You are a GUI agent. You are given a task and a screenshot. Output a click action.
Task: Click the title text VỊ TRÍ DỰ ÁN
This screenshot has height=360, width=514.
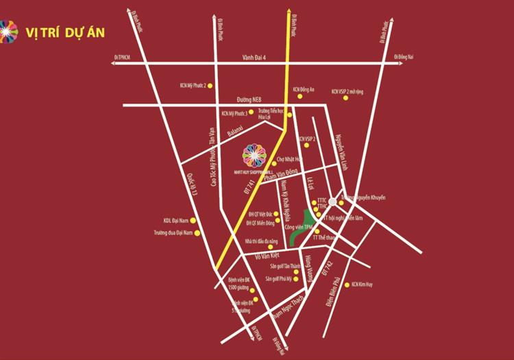click(x=66, y=32)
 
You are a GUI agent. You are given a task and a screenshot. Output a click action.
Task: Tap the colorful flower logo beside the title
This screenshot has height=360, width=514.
click(x=9, y=30)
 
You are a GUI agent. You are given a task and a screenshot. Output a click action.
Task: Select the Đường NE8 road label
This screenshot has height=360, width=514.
click(x=246, y=99)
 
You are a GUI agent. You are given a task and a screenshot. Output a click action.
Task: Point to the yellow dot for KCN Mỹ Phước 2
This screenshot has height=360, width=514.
click(x=210, y=86)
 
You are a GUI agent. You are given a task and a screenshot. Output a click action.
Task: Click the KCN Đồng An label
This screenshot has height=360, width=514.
click(x=304, y=89)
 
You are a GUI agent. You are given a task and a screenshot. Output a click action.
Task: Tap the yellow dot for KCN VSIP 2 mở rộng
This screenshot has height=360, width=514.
click(x=345, y=98)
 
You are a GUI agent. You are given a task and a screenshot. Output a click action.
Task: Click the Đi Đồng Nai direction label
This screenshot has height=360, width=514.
click(x=404, y=58)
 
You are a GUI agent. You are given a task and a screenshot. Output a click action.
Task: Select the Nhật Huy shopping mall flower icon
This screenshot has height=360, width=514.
click(x=260, y=157)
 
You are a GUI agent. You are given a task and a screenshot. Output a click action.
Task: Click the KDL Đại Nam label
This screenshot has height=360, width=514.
click(x=175, y=221)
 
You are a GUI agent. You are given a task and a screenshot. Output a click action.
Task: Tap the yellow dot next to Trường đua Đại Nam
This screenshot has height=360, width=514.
click(x=197, y=233)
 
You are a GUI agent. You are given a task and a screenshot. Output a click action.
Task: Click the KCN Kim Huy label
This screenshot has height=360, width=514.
click(x=365, y=285)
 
